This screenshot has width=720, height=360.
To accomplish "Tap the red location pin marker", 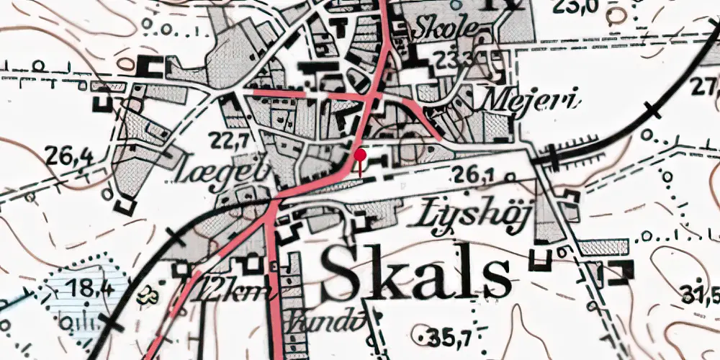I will (x=360, y=155).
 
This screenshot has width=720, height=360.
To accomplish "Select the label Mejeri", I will (x=532, y=101).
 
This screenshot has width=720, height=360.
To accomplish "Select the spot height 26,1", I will (x=473, y=173).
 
